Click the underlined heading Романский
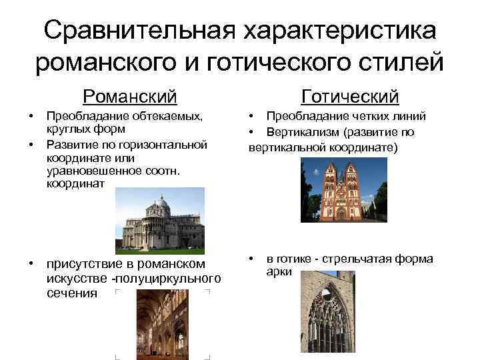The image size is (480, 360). tap(130, 97)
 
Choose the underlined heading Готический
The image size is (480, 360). tap(350, 97)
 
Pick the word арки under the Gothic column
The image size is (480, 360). tap(278, 272)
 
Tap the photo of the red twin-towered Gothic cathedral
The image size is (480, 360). tap(344, 191)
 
